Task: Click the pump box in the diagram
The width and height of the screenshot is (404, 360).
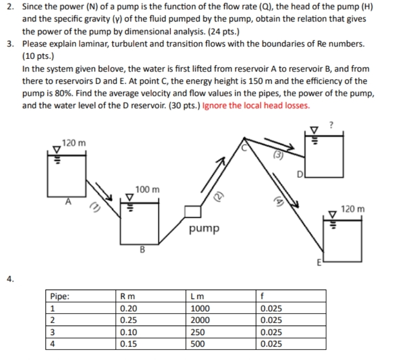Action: (192, 212)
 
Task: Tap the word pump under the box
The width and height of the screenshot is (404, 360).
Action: (204, 229)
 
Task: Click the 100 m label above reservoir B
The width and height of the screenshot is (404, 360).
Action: (147, 190)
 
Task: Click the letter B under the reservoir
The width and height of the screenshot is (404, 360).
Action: (142, 250)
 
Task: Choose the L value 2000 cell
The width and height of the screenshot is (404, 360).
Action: (201, 320)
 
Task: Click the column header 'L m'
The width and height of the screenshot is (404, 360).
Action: (197, 296)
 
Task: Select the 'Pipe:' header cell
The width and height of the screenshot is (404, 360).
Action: (61, 296)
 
